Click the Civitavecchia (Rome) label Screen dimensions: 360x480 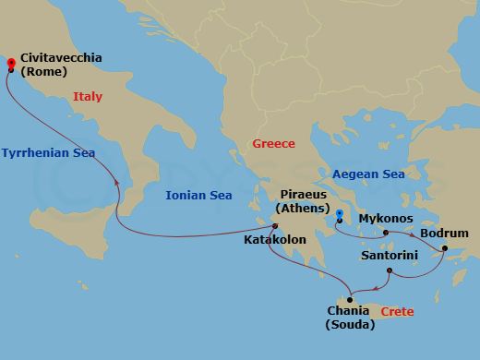coord(56,65)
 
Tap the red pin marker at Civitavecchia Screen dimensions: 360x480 coord(9,64)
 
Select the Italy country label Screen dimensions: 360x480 coord(88,97)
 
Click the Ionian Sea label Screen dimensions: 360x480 coord(198,195)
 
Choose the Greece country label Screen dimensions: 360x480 coord(274,144)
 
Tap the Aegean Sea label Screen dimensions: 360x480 coord(367,174)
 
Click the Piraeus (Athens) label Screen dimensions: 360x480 coord(306,203)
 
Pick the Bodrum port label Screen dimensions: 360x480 coord(444,233)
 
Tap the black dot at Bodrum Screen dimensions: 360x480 coord(444,247)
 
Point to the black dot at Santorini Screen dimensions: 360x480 coord(389,270)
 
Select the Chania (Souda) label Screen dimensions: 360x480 coord(351,317)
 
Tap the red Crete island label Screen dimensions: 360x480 coord(397,312)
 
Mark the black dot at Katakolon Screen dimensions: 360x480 coord(274,226)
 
